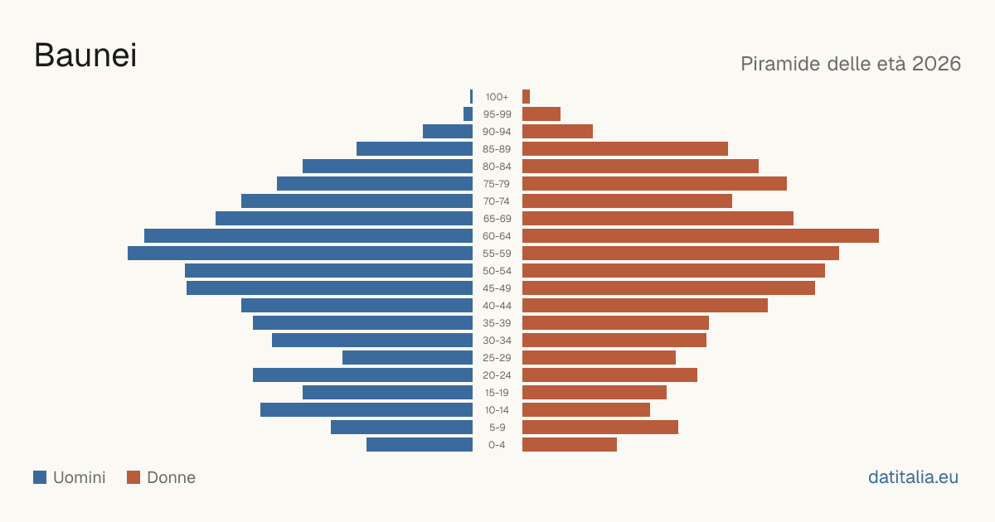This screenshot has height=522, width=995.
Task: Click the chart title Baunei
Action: (x=85, y=56)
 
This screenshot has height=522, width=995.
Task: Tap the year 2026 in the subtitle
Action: (x=936, y=64)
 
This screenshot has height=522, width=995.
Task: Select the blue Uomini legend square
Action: (x=40, y=477)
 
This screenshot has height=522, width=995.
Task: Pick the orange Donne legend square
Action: (x=133, y=477)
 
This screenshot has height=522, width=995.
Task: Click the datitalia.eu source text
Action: (x=913, y=477)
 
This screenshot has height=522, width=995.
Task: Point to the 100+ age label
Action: (x=497, y=97)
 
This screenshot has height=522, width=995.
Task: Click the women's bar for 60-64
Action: (x=701, y=235)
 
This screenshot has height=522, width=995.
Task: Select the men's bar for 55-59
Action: (x=300, y=253)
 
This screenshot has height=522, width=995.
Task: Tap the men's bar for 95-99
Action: (x=468, y=114)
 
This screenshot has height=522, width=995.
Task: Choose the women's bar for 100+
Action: (x=526, y=96)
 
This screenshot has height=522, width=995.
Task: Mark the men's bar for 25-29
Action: (x=407, y=357)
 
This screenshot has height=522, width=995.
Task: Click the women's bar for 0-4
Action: (x=570, y=444)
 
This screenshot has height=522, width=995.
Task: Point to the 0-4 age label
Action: (x=497, y=445)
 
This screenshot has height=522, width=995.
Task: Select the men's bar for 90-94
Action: (x=448, y=132)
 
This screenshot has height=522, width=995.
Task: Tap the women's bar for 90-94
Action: (x=557, y=132)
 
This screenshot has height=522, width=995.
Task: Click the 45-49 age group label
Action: (x=497, y=288)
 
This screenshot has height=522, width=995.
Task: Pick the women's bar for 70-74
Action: (x=627, y=201)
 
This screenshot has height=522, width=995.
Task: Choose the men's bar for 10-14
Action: (x=366, y=409)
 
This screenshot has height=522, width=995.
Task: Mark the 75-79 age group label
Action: (x=497, y=184)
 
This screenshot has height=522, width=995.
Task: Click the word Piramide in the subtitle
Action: (x=780, y=64)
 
